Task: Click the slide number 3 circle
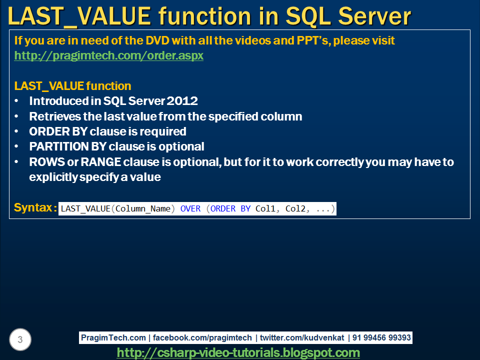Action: [x=20, y=340]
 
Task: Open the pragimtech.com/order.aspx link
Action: [x=109, y=55]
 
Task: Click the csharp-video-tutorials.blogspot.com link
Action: [x=238, y=353]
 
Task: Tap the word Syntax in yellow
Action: [x=33, y=208]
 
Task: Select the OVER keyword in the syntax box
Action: [x=190, y=209]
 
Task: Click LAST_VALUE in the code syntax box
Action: [x=85, y=209]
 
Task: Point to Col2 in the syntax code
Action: [x=295, y=209]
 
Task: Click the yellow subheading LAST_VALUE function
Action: [x=73, y=86]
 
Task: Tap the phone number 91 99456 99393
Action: [x=381, y=338]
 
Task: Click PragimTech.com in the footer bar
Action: [x=114, y=338]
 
